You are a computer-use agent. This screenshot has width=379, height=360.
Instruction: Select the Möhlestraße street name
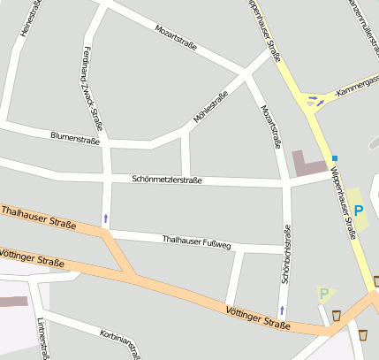(x=210, y=107)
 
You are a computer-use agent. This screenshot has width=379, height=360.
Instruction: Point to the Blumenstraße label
(x=75, y=138)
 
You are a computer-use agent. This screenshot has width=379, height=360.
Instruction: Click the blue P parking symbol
(x=359, y=211)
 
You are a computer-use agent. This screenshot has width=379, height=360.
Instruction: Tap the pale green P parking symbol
(x=324, y=293)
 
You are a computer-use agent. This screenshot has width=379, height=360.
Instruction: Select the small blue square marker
(x=335, y=157)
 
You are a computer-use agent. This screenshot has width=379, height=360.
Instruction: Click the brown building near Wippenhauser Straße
(x=308, y=165)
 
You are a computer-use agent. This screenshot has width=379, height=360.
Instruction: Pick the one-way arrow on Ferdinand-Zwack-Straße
(x=107, y=216)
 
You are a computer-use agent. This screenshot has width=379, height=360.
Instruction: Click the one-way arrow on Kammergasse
(x=320, y=100)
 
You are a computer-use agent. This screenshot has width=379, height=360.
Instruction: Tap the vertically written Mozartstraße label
(x=270, y=125)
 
